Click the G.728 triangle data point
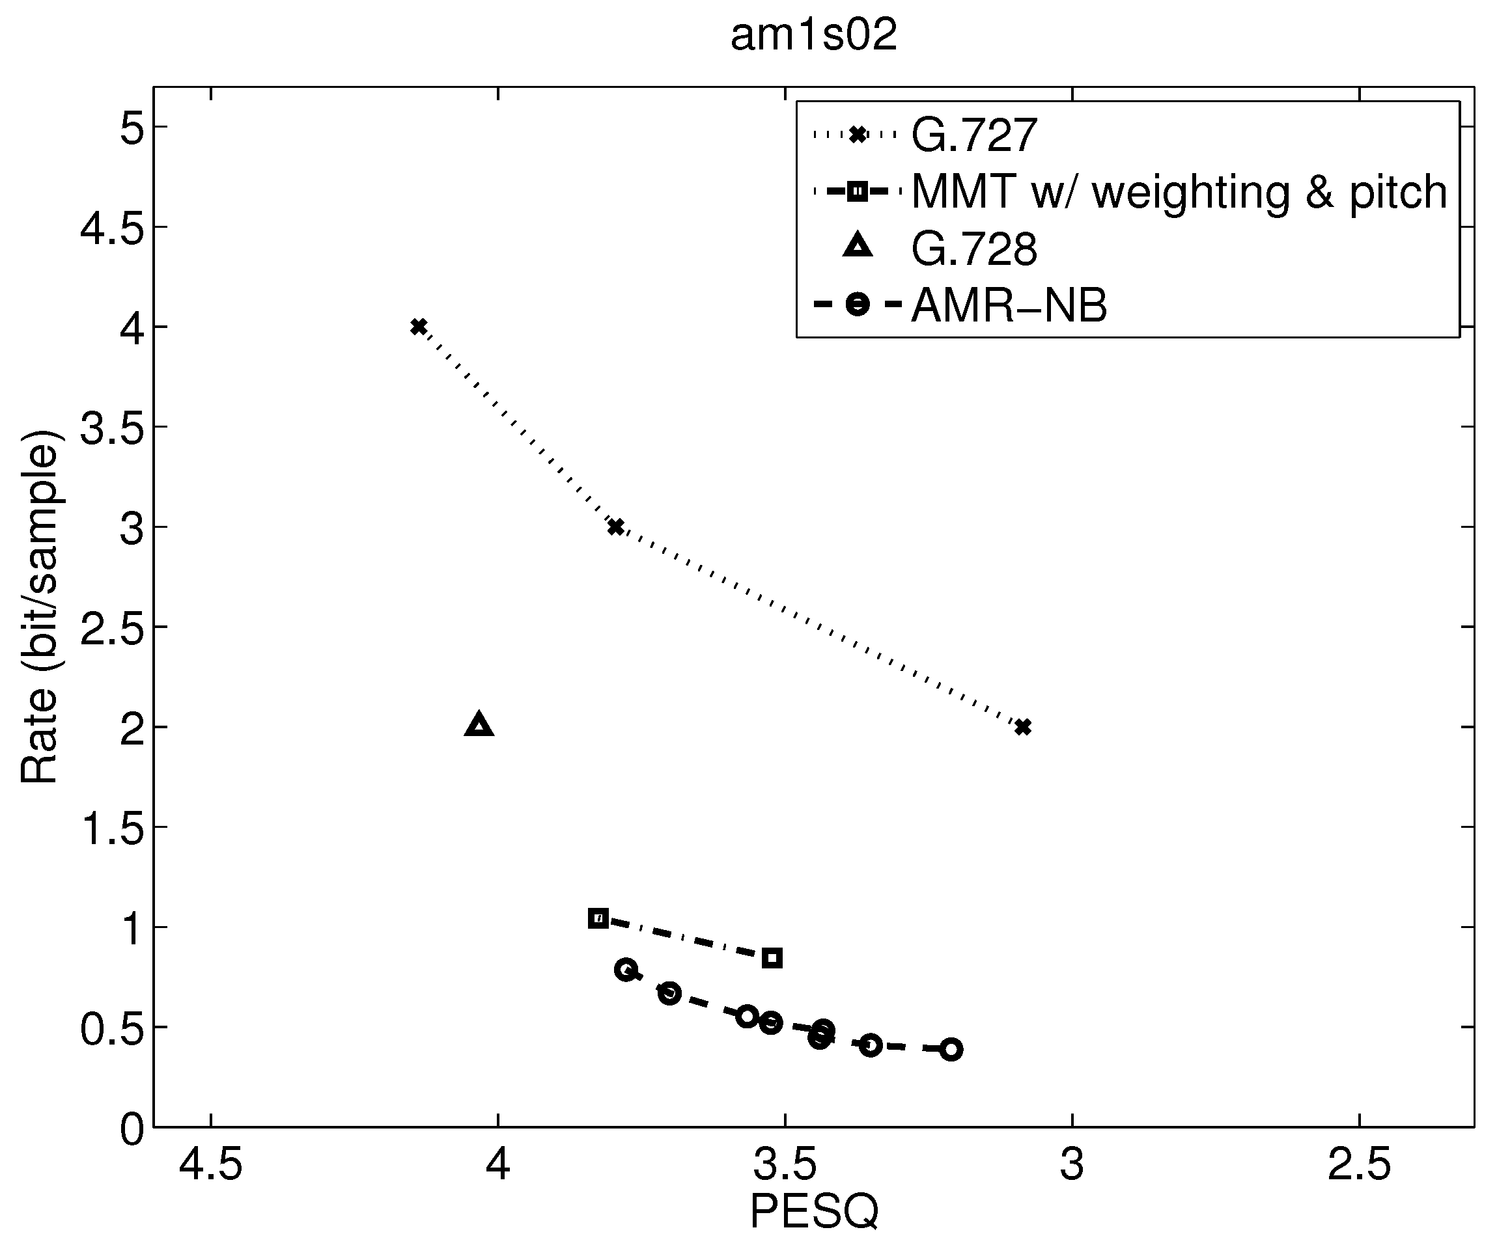(479, 725)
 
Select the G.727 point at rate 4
(419, 327)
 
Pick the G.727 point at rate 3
(616, 527)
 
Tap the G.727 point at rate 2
(1023, 727)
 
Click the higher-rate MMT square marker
(598, 918)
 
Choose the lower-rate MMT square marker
(772, 959)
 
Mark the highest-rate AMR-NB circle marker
(626, 970)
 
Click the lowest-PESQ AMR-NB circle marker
(951, 1049)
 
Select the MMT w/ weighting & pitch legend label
(1179, 192)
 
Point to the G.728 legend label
(973, 249)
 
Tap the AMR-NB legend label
(1009, 306)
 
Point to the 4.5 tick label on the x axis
(211, 1166)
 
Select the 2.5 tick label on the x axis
(1360, 1166)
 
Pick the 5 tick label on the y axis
(133, 128)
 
